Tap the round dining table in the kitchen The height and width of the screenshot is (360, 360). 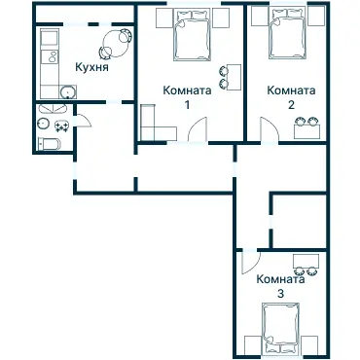[117, 40]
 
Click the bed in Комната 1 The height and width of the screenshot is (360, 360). [193, 34]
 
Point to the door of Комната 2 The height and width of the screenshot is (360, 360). [264, 126]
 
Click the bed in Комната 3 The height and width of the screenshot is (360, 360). [281, 328]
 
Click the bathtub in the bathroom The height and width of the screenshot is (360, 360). [49, 144]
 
